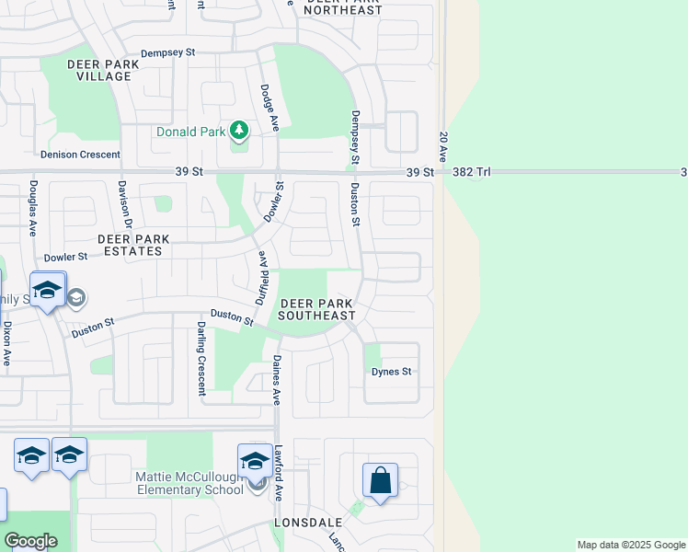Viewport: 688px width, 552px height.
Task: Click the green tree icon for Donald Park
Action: tap(239, 131)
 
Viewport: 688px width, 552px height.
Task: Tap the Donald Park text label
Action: tap(190, 132)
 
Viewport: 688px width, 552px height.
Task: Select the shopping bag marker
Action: tap(380, 480)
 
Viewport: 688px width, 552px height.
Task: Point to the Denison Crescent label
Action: tap(80, 155)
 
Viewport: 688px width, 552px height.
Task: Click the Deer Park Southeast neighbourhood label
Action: tap(317, 309)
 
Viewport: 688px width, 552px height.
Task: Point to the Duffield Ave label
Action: tap(261, 278)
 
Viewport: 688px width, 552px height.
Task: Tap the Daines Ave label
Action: tap(275, 380)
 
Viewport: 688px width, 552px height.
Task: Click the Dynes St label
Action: tap(391, 372)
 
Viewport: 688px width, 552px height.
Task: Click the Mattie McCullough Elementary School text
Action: tap(189, 482)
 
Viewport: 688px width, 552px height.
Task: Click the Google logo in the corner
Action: tap(32, 541)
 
